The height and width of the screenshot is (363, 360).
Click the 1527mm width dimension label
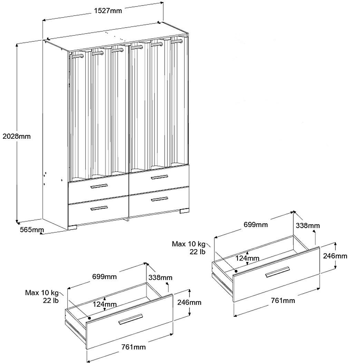click(x=108, y=11)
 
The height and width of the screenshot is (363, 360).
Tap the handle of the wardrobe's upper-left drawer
click(x=99, y=186)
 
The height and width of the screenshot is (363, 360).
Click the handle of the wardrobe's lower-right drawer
click(x=159, y=199)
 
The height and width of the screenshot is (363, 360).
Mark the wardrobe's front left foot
click(x=72, y=227)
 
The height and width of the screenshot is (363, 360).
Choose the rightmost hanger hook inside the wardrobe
click(x=176, y=41)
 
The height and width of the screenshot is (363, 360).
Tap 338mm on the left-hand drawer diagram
click(x=160, y=277)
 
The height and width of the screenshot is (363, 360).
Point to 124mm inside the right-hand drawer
click(x=247, y=258)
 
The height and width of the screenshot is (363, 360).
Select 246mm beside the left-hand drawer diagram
click(x=189, y=303)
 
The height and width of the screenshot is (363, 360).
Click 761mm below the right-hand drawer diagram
click(x=283, y=301)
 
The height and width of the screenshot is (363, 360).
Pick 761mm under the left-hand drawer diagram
click(x=134, y=347)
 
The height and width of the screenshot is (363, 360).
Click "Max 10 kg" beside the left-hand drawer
click(x=42, y=293)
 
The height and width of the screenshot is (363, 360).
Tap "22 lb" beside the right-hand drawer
click(x=197, y=252)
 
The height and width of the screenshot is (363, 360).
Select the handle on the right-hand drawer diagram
click(x=277, y=272)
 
